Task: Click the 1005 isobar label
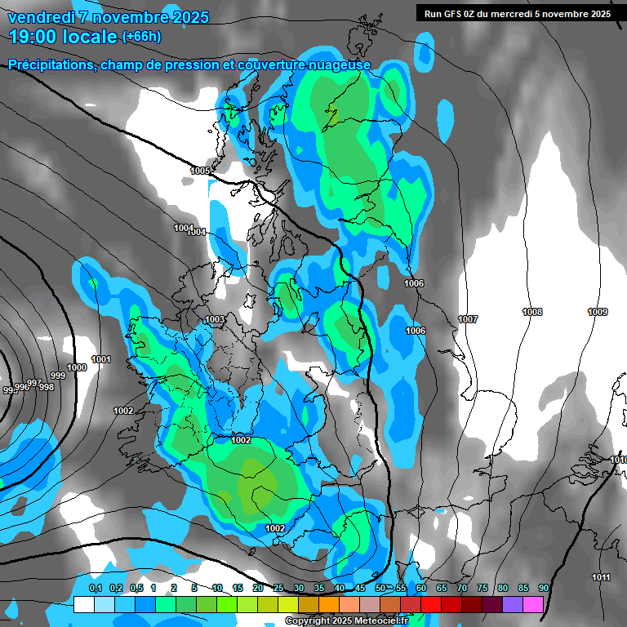pyautogui.click(x=200, y=171)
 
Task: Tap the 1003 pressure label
pyautogui.click(x=215, y=319)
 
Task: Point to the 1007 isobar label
pyautogui.click(x=468, y=319)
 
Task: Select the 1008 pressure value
pyautogui.click(x=532, y=312)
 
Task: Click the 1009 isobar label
pyautogui.click(x=598, y=312)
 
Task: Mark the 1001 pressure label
pyautogui.click(x=101, y=359)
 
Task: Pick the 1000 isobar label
pyautogui.click(x=77, y=367)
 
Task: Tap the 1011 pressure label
pyautogui.click(x=601, y=577)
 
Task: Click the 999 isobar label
pyautogui.click(x=58, y=376)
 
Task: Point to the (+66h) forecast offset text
pyautogui.click(x=141, y=37)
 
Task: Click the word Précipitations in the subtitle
pyautogui.click(x=51, y=64)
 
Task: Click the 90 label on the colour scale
pyautogui.click(x=543, y=589)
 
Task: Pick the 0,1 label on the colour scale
pyautogui.click(x=95, y=589)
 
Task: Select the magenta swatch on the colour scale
pyautogui.click(x=533, y=604)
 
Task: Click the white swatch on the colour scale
pyautogui.click(x=83, y=604)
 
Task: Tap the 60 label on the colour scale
pyautogui.click(x=421, y=589)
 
